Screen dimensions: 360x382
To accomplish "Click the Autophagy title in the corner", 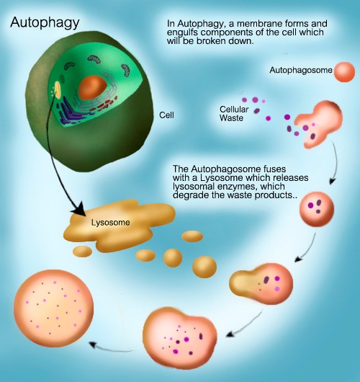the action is (45, 23).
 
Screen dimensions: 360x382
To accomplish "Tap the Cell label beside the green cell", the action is (166, 115).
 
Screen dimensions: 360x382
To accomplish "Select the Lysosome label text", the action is (110, 223).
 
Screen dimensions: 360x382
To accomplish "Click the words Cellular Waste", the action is (234, 114).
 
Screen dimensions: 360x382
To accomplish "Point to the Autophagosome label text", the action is (301, 70).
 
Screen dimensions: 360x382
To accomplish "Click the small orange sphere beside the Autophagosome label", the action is (344, 72).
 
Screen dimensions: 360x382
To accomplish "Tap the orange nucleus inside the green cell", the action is (93, 87).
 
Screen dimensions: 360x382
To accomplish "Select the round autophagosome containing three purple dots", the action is (317, 209).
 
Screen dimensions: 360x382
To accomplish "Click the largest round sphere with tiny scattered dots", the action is (53, 308).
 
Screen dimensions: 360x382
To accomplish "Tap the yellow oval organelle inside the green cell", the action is (58, 89).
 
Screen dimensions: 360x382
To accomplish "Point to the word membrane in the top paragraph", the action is (258, 24).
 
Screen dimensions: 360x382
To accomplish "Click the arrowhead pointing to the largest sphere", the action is (93, 345).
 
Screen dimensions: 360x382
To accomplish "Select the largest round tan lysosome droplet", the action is (204, 267).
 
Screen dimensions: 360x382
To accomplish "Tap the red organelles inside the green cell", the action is (104, 105).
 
